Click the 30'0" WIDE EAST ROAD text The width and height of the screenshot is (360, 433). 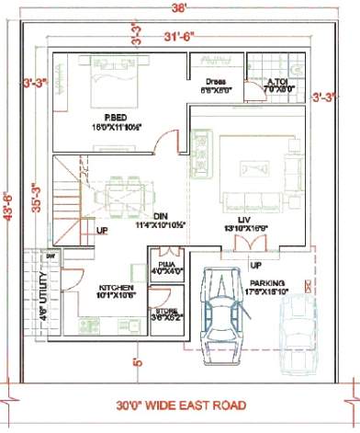pos(180,405)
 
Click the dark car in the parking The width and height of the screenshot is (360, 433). pos(224,307)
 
